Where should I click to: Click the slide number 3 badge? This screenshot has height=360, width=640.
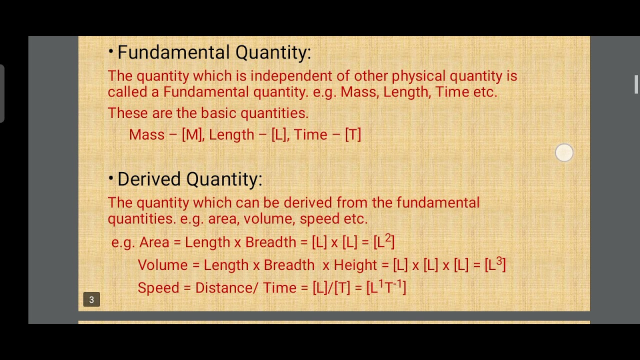tap(91, 299)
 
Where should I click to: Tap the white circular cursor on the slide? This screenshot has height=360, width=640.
tap(564, 153)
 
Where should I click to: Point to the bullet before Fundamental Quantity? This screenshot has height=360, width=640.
tap(110, 51)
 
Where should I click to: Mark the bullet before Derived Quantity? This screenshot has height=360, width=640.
tap(110, 178)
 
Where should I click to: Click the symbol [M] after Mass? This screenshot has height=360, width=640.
tap(192, 134)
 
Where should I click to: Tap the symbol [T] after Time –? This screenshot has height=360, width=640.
tap(352, 134)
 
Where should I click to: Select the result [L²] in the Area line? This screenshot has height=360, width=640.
tap(384, 241)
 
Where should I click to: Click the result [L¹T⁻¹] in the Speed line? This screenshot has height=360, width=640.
tap(386, 287)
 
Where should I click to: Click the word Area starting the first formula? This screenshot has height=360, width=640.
tap(154, 242)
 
